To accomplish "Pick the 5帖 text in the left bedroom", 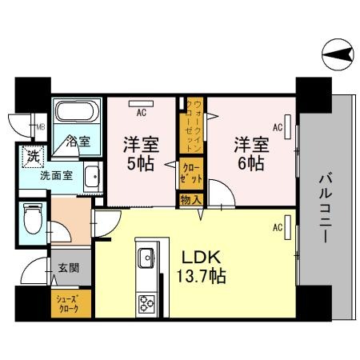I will [x=141, y=164].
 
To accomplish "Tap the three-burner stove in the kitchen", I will [x=147, y=304].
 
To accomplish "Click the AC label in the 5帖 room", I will [x=142, y=112].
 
